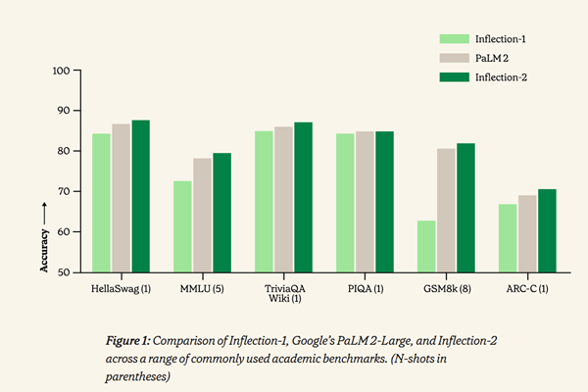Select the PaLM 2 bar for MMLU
(202, 216)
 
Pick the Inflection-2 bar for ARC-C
(547, 230)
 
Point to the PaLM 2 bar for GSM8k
(445, 211)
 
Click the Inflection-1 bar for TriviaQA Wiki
(263, 202)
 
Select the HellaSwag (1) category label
(121, 289)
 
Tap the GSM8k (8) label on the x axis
(445, 289)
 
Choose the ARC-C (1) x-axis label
(526, 289)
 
